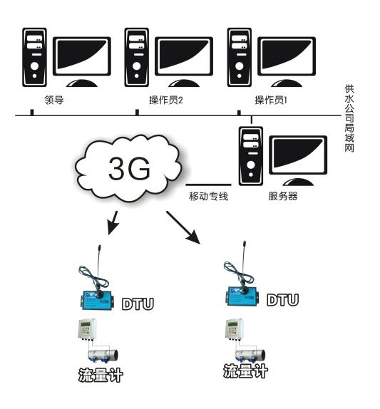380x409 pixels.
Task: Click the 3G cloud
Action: point(128,168)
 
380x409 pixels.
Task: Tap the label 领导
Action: point(54,100)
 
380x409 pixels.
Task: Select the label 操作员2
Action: point(166,100)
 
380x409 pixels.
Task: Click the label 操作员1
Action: point(271,100)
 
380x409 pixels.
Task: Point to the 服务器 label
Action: point(283,196)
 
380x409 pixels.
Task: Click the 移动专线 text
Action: point(208,196)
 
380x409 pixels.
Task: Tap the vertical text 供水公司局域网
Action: point(349,118)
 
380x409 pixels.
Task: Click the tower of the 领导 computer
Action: point(34,58)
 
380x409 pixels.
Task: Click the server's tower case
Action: point(251,156)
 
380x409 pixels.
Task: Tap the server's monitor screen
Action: point(298,155)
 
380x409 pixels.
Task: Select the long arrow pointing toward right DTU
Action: point(183,227)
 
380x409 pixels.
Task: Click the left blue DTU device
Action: point(96,300)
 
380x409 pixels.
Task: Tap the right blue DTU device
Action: point(242,296)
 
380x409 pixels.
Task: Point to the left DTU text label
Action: point(138,304)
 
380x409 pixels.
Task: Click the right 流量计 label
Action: point(245,371)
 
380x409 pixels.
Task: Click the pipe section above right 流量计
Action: point(250,355)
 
